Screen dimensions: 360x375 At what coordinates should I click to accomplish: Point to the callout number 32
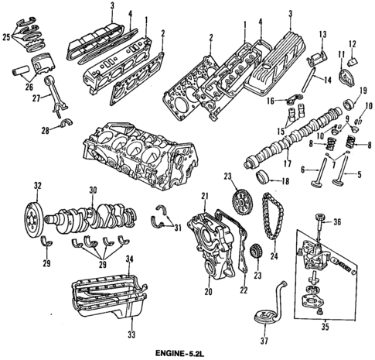(x=36, y=186)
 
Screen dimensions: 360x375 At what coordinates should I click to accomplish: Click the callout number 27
(x=36, y=98)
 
